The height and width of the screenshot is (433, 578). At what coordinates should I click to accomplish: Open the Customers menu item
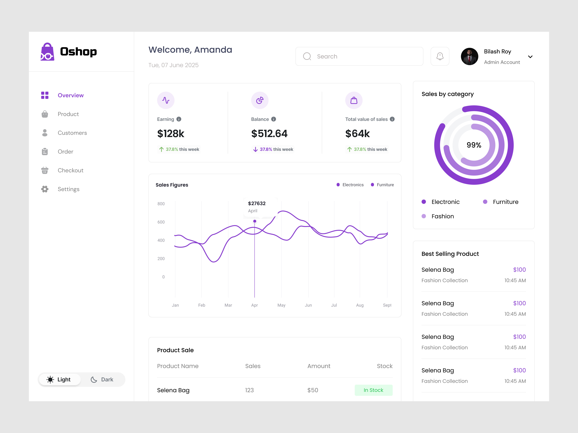point(72,133)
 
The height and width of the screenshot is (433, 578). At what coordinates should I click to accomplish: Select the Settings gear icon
point(45,189)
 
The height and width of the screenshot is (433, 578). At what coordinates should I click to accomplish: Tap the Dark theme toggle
point(102,379)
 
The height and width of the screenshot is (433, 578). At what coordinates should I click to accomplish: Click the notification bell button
point(440,56)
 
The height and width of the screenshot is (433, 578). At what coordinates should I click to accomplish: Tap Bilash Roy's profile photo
point(469,56)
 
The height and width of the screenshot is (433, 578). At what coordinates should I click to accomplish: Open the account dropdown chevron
point(530,57)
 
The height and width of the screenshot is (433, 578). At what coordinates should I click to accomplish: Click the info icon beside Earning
point(179,119)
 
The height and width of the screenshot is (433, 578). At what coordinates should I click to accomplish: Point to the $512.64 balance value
point(269,134)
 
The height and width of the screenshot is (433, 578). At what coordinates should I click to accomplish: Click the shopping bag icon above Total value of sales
point(354,100)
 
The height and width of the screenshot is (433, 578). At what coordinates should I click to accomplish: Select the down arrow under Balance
point(255,149)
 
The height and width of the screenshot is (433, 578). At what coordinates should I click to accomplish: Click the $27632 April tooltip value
point(257,203)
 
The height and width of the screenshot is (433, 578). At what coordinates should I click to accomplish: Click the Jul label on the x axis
point(334,305)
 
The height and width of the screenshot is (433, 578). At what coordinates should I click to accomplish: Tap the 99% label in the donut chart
point(474,145)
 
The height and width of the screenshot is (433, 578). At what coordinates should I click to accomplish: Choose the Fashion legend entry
point(442,216)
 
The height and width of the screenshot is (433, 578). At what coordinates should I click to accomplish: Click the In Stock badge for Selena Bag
point(373,390)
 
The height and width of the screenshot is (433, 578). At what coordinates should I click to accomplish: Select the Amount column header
point(319,366)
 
